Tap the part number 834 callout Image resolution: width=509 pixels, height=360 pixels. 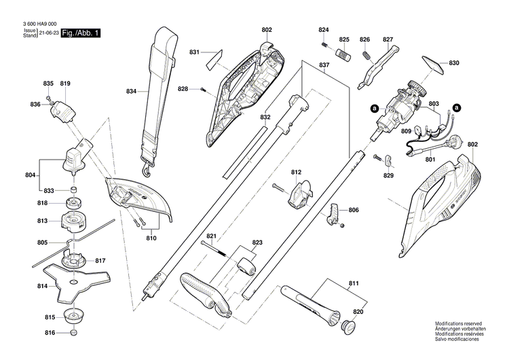pos(132,91)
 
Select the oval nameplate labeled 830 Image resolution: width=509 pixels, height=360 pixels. pos(434,62)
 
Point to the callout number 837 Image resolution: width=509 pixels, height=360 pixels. pos(324,66)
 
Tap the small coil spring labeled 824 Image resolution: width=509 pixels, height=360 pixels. pos(325,45)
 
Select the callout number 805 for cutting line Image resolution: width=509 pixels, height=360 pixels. pos(42,242)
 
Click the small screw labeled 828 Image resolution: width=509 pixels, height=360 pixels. pos(202,89)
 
